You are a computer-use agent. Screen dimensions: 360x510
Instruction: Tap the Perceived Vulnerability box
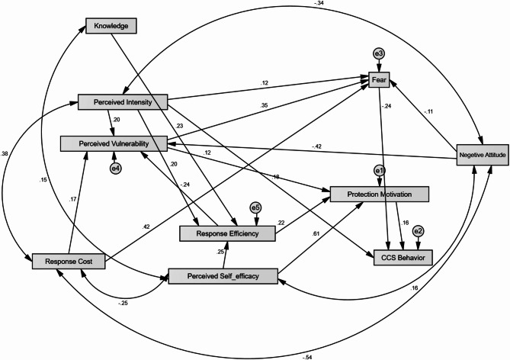coord(114,143)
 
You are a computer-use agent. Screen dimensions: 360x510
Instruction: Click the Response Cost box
coord(67,262)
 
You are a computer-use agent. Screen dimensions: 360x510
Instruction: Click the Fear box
coord(379,78)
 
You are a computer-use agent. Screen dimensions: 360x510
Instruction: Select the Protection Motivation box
coord(380,194)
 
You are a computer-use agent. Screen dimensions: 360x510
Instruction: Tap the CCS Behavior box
coord(403,259)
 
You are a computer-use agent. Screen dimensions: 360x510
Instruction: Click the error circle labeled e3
coord(378,53)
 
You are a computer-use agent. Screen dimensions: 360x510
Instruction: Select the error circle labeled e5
coord(256,207)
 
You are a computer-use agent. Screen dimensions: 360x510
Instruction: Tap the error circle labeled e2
coord(418,230)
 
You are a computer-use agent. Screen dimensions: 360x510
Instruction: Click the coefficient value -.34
coord(319,5)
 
